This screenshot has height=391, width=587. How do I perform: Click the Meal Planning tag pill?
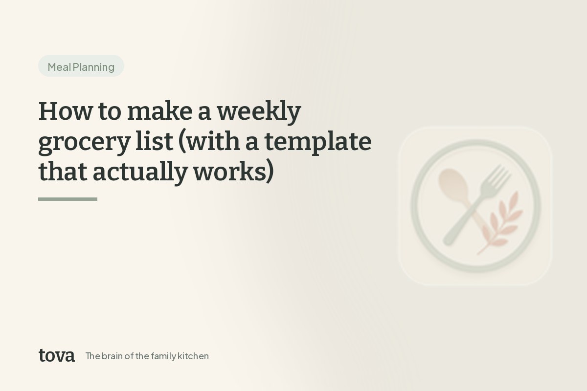pyautogui.click(x=81, y=65)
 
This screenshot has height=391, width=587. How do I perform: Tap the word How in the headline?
pyautogui.click(x=66, y=111)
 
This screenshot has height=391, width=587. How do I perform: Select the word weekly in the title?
pyautogui.click(x=259, y=112)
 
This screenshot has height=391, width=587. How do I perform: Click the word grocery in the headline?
pyautogui.click(x=84, y=143)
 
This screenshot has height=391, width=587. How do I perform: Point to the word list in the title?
pyautogui.click(x=155, y=141)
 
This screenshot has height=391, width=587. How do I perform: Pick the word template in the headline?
pyautogui.click(x=318, y=143)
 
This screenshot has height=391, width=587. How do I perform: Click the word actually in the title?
pyautogui.click(x=140, y=173)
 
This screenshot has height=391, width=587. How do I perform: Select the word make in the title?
pyautogui.click(x=160, y=111)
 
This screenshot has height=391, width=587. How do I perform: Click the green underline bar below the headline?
pyautogui.click(x=68, y=199)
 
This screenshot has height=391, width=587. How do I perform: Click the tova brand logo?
pyautogui.click(x=57, y=355)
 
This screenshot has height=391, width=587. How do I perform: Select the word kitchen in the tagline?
pyautogui.click(x=193, y=356)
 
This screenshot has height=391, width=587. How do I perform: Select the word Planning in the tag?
pyautogui.click(x=93, y=67)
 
